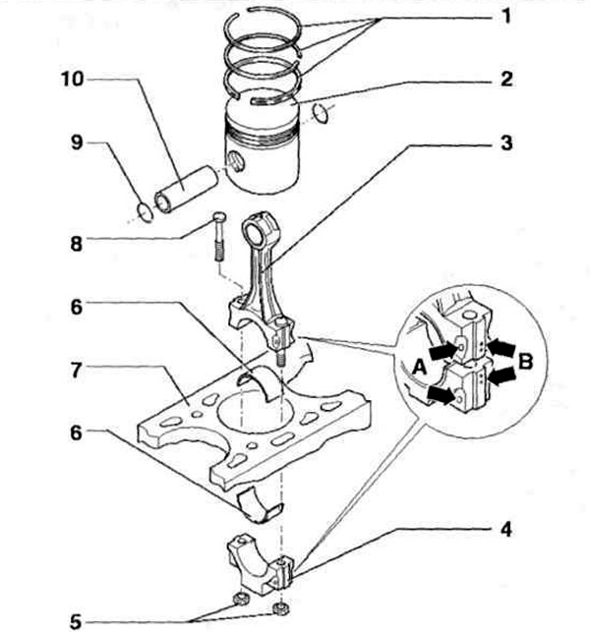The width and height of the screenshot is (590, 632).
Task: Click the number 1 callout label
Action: click(505, 17)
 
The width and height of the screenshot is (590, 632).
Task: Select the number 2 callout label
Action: click(505, 79)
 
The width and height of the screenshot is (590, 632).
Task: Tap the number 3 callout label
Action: click(505, 144)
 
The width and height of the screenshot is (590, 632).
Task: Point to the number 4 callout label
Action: click(505, 532)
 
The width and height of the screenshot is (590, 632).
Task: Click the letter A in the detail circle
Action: click(418, 366)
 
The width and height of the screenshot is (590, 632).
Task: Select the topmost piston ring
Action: click(262, 29)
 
